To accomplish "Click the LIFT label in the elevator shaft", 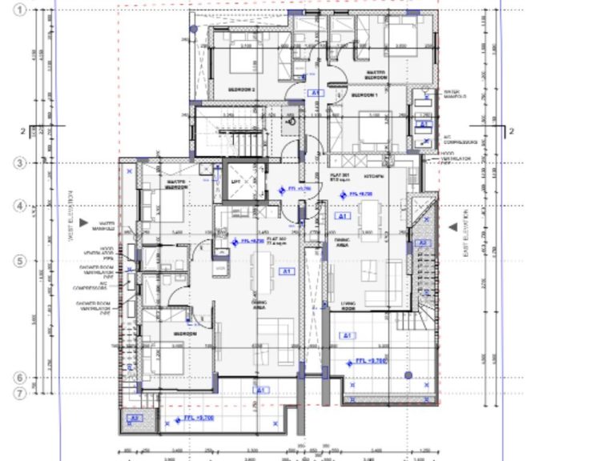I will tap(235, 182).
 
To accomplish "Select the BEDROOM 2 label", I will tap(241, 90).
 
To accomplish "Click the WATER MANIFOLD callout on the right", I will tap(455, 94).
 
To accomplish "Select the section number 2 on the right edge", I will tap(511, 131).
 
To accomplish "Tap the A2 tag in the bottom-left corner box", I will tap(135, 417).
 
